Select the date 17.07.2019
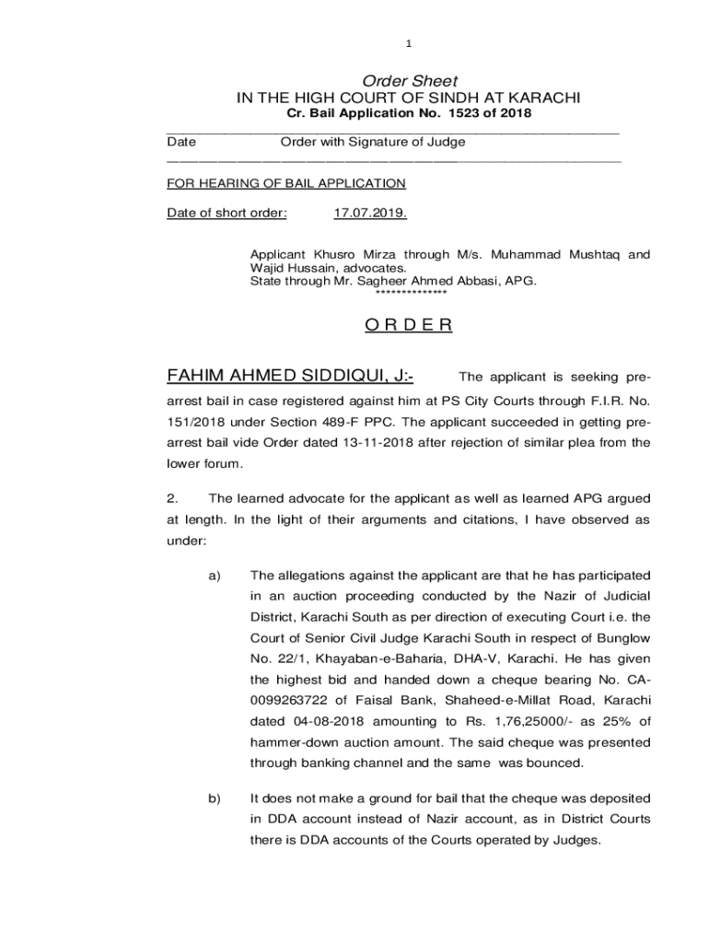368,214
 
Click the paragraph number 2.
171,498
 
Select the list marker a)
215,576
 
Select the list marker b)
215,798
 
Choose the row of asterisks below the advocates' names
412,293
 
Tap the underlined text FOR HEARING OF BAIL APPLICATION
285,183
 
